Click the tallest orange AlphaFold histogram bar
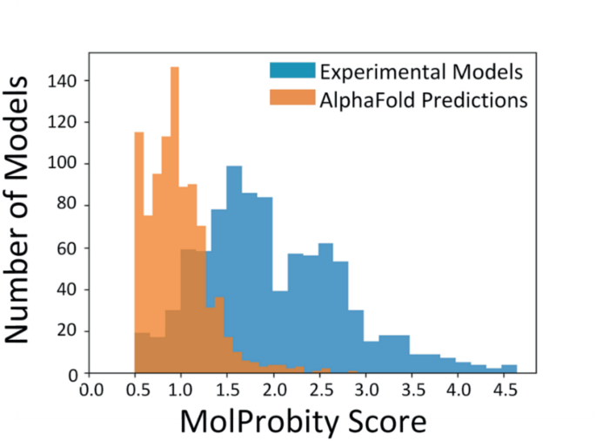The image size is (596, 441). coord(174,218)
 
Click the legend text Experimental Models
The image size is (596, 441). coord(411,71)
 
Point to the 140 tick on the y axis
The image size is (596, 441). coord(69,80)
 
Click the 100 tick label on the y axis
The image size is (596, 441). coord(69,164)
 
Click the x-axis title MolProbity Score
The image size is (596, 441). coord(304,422)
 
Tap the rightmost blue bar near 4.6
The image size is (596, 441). coord(509,370)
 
